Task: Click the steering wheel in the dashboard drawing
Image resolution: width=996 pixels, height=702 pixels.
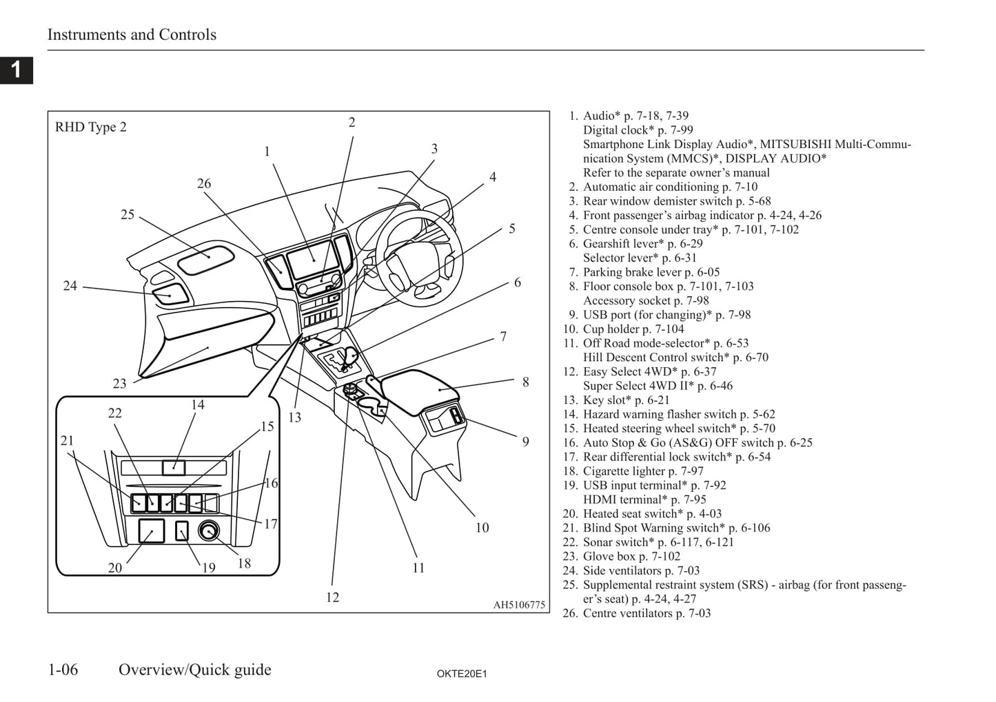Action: [407, 255]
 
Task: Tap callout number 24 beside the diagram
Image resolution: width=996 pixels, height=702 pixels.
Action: [70, 286]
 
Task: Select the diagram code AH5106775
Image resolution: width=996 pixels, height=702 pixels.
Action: [518, 605]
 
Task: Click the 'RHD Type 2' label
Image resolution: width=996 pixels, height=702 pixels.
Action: [91, 127]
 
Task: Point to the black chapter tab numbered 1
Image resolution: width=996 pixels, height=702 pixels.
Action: [17, 70]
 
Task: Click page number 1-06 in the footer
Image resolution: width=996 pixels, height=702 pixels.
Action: [63, 670]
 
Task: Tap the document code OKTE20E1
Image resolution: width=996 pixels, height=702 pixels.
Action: [461, 674]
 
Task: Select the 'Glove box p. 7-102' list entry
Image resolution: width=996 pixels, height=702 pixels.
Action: [631, 557]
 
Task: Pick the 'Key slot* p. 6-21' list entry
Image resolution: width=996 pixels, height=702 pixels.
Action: [626, 400]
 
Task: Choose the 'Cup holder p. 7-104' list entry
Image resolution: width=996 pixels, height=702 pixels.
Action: [633, 329]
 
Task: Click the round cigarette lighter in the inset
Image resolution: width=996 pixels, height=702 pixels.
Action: [208, 530]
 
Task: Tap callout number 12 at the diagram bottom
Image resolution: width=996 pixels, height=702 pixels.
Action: [332, 597]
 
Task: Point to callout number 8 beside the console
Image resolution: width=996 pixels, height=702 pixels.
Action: [525, 382]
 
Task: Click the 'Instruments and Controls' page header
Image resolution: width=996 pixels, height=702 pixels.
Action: [132, 34]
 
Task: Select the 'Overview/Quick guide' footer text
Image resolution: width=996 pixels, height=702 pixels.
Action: [195, 670]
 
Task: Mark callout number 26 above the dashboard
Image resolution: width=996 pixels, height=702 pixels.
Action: [204, 183]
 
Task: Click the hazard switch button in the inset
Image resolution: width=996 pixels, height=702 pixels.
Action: [173, 468]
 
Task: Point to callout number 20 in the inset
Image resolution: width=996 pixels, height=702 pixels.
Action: [115, 568]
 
